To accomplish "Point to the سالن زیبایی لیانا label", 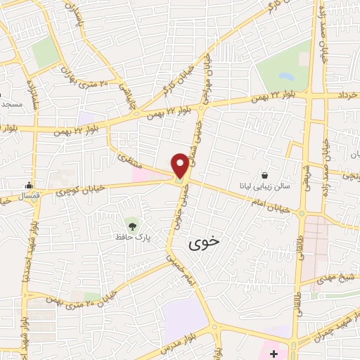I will click(266, 187).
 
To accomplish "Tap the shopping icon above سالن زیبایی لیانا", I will click(265, 175).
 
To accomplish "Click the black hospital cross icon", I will click(274, 351).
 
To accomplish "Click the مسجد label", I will click(11, 104).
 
